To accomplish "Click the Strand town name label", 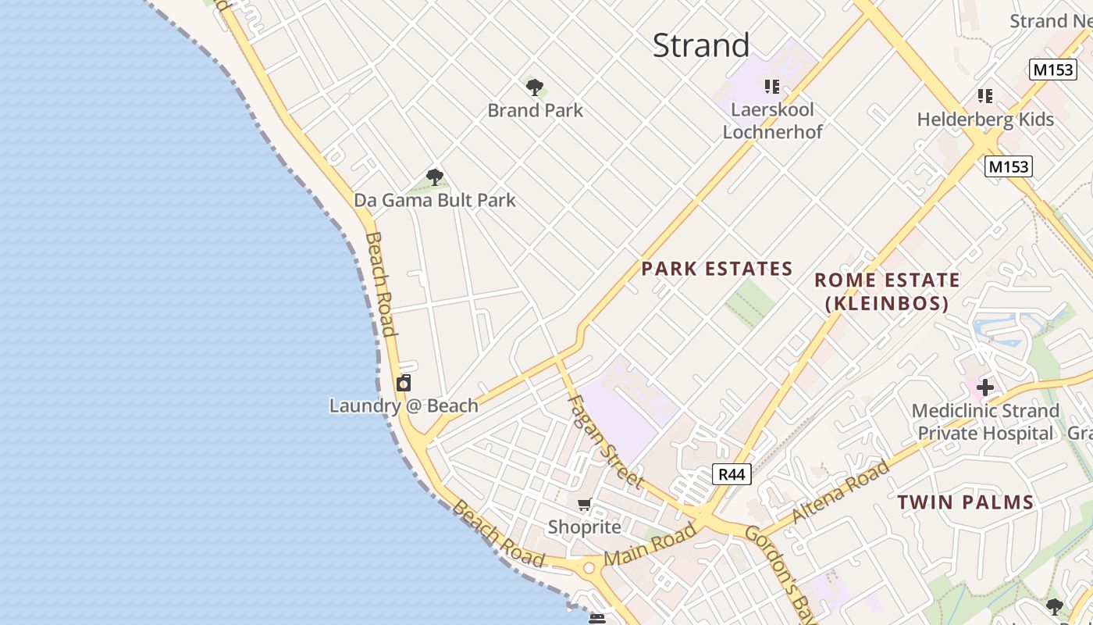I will coord(700,45).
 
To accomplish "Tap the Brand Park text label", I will coord(535,110).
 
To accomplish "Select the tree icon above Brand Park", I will coord(535,87).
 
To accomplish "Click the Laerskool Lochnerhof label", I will coord(772,120).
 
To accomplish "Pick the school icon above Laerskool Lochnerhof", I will coord(772,86).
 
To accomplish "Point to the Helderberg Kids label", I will coord(985,120).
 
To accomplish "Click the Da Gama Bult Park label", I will coord(435,200).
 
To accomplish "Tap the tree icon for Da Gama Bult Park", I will coord(435,177).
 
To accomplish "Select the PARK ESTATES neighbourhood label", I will coord(717,269).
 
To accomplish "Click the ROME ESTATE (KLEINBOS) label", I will coord(887,291).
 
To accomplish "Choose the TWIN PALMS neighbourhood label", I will coord(965,502).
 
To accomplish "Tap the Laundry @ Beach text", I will coord(404,405).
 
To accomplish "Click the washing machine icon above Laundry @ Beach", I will coord(404,383).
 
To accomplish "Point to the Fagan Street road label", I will coord(605,441).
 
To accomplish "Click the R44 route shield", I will coord(732,473).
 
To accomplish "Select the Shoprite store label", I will coord(584,527).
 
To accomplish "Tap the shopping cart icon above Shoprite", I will coord(585,505).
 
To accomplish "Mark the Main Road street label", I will coord(650,545).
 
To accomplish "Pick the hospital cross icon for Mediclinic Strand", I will coord(985,387).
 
